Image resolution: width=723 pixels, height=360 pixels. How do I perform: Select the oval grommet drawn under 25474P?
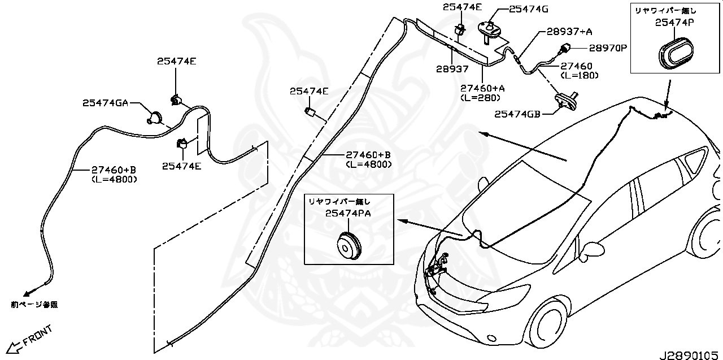[x=675, y=53]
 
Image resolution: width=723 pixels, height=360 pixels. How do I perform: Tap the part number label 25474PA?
[x=347, y=213]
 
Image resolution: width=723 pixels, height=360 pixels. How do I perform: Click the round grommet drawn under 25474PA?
[x=347, y=246]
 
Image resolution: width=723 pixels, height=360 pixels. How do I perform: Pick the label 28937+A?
[x=569, y=32]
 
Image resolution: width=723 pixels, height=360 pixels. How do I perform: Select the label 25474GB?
[x=517, y=114]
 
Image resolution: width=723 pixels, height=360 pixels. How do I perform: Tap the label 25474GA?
[x=106, y=103]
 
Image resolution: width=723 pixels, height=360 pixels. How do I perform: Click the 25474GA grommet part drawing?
[x=153, y=118]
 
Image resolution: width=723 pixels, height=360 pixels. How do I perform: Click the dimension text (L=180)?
[x=579, y=75]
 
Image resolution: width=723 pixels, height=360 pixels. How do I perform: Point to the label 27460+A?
[x=482, y=88]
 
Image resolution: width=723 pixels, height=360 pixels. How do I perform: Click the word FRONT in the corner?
[x=38, y=335]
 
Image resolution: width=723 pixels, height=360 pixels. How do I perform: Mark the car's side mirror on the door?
[x=593, y=249]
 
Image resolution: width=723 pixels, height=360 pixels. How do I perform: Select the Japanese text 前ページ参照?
[x=34, y=304]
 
